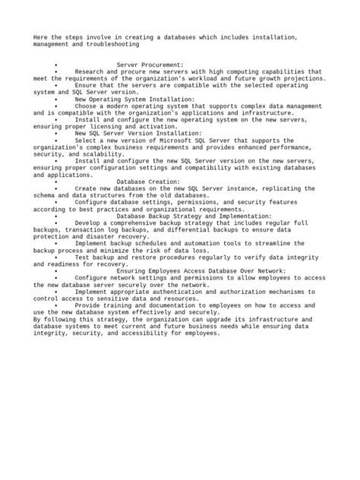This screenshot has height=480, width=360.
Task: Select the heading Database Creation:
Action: click(148, 182)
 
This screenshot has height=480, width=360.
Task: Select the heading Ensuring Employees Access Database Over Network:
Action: click(201, 270)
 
